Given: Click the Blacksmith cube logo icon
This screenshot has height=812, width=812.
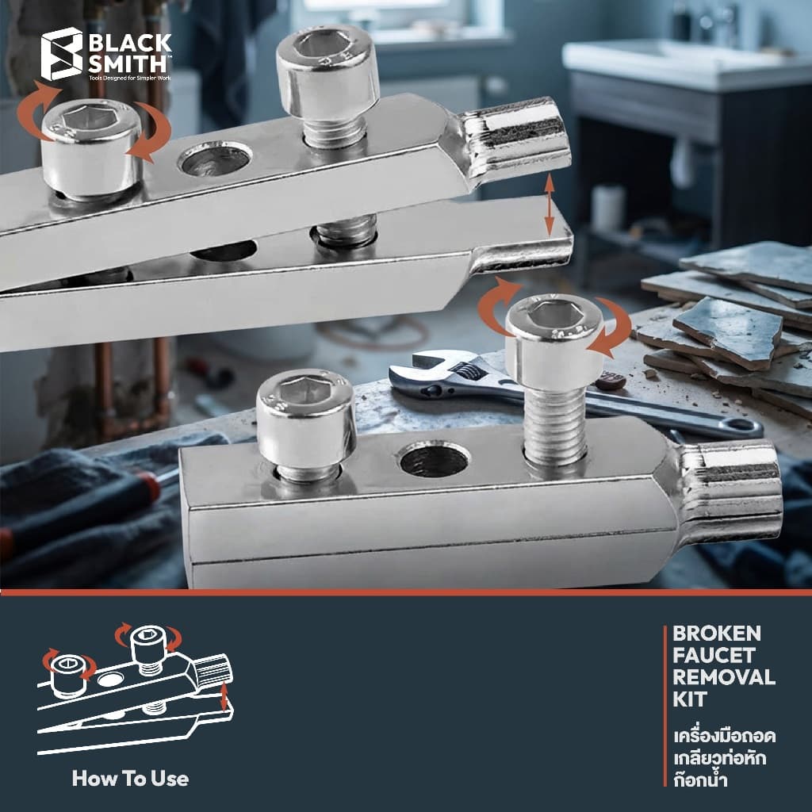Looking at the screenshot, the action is point(62,54).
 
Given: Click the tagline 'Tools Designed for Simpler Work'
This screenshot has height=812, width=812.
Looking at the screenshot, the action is point(129,79).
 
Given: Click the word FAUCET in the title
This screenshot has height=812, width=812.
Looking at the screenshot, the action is point(714,655).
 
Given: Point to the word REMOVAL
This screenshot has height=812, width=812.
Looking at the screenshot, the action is point(724,677).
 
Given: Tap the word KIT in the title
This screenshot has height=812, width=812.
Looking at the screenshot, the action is point(690,699).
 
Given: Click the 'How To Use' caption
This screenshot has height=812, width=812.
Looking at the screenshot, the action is point(131,779).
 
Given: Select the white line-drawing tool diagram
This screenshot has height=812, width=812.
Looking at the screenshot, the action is point(136,689).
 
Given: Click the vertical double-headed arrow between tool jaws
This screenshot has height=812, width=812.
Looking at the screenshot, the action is point(550,205).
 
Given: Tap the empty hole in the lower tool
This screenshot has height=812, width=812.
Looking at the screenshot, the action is point(434,459).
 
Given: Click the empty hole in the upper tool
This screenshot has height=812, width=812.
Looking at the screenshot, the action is point(215,159).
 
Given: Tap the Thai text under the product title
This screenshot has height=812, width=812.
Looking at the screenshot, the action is point(724,758).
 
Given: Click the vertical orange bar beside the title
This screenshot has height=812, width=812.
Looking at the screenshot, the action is point(665,706).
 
